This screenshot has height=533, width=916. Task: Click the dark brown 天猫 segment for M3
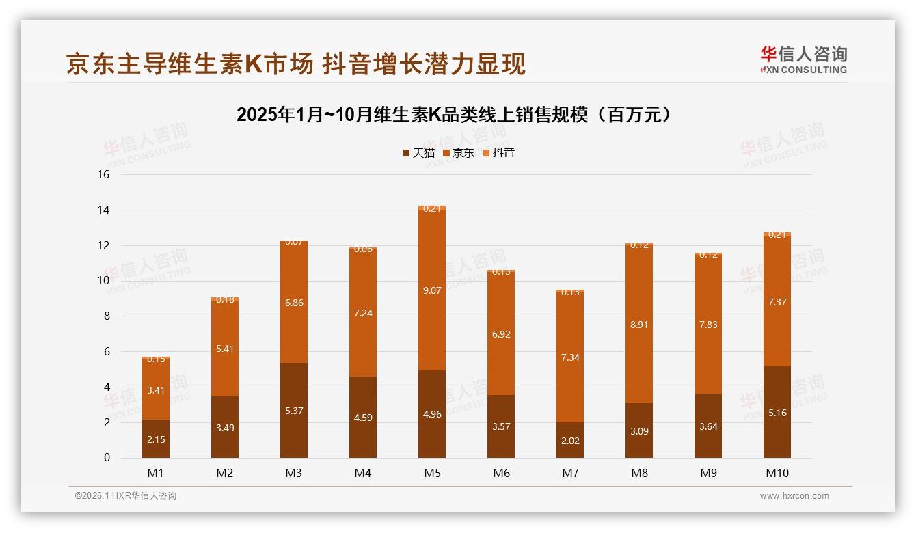(x=294, y=410)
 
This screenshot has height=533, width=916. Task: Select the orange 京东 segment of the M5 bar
(x=432, y=290)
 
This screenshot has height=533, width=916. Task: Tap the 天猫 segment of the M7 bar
(x=570, y=440)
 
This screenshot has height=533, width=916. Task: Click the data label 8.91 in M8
(x=639, y=325)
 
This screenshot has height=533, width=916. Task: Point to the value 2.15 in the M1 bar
(x=156, y=439)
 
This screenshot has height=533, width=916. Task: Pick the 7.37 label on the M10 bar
(x=777, y=301)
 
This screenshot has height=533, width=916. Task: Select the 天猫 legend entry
(x=418, y=152)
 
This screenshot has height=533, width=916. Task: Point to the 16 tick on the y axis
(x=104, y=174)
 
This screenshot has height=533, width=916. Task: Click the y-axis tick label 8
(x=107, y=316)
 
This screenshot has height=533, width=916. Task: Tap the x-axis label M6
(x=501, y=473)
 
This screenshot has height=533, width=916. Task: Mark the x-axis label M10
(x=777, y=473)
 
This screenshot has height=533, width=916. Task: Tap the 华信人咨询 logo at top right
(x=803, y=59)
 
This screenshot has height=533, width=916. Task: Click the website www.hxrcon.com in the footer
(x=794, y=496)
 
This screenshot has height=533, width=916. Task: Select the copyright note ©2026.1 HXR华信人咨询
(x=126, y=496)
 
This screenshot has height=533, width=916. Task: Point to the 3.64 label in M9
(x=708, y=426)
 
